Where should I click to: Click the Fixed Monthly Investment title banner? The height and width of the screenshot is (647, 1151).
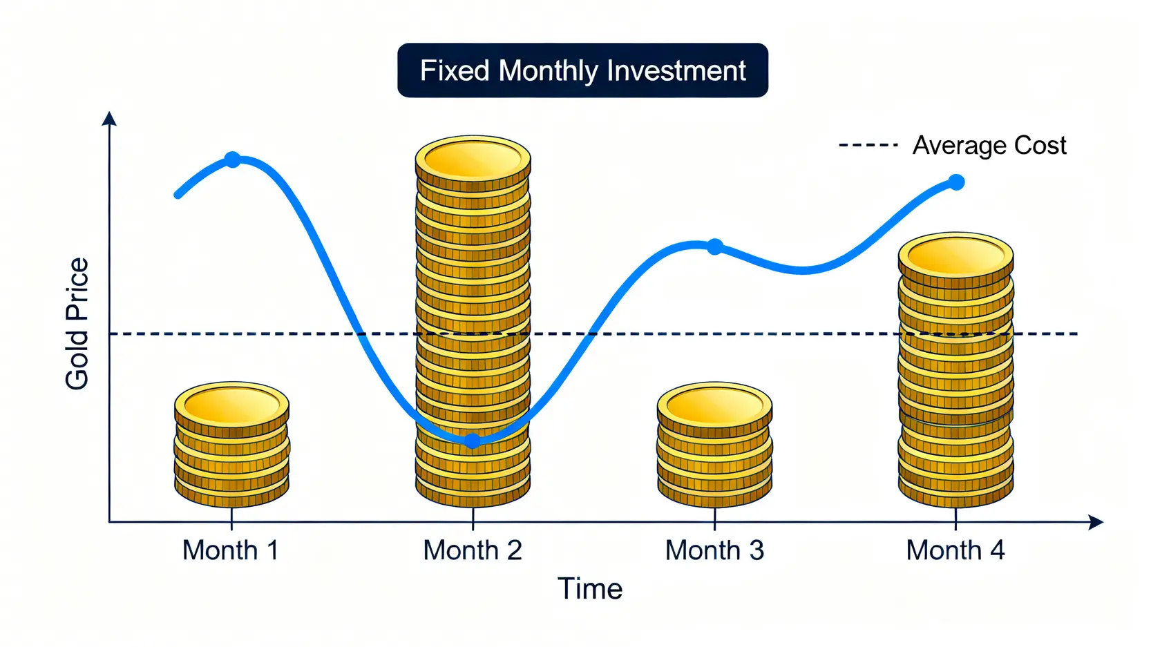582,70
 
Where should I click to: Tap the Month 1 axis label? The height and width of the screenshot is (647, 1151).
231,550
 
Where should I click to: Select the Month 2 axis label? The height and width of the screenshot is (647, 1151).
473,550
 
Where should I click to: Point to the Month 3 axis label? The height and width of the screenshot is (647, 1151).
715,550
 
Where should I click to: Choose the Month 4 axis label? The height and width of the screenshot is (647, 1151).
955,550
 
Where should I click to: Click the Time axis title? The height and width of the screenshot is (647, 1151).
590,588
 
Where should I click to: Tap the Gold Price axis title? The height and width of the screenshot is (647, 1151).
77,323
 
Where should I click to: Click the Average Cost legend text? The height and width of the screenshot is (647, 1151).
989,145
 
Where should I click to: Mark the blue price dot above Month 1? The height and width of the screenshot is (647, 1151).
233,160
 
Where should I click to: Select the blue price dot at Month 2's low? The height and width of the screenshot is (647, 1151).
473,441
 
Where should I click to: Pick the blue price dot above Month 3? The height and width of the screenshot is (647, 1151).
715,247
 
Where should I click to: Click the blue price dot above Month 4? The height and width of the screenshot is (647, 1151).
956,182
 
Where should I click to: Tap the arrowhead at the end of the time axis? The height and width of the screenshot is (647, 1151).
1096,522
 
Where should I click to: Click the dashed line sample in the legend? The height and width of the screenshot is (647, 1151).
868,145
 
